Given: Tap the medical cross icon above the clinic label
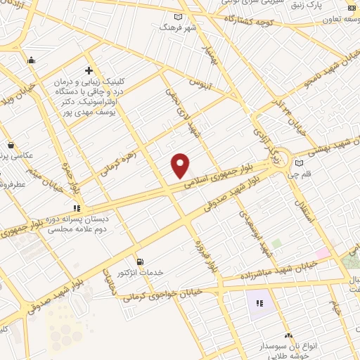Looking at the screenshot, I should click(89, 70).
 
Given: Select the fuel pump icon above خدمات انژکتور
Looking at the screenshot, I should click(140, 261).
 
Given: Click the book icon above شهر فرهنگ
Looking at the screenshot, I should click(177, 16).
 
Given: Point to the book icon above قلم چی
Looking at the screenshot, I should click(300, 163).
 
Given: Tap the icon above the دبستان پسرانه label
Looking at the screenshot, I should click(77, 207).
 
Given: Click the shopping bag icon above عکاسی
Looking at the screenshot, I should click(11, 145).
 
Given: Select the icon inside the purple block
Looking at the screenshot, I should click(259, 304).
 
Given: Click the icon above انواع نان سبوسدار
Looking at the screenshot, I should click(288, 337).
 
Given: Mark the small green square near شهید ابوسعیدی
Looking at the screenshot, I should click(277, 243).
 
